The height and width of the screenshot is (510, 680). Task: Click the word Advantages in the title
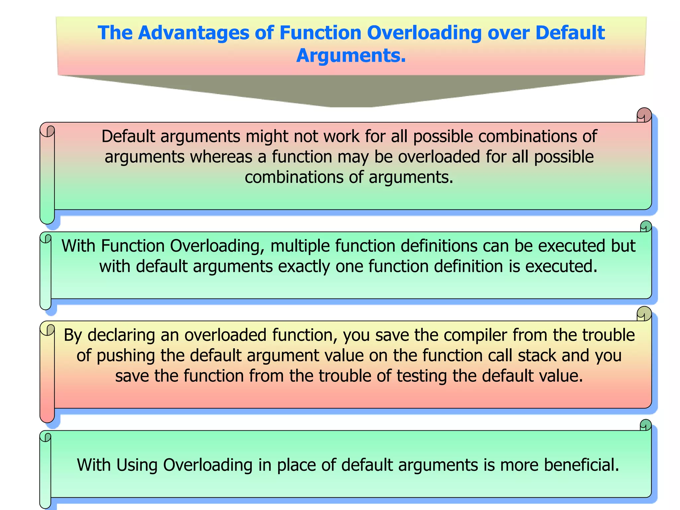coord(193,33)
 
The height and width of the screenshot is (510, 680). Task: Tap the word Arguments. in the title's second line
coord(351,55)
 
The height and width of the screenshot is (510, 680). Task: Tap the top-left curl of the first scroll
coord(47,130)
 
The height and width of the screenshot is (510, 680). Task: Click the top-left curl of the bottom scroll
coord(46,437)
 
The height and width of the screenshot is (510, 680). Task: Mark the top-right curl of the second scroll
coord(646,226)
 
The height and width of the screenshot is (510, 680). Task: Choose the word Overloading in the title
coord(424,33)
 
